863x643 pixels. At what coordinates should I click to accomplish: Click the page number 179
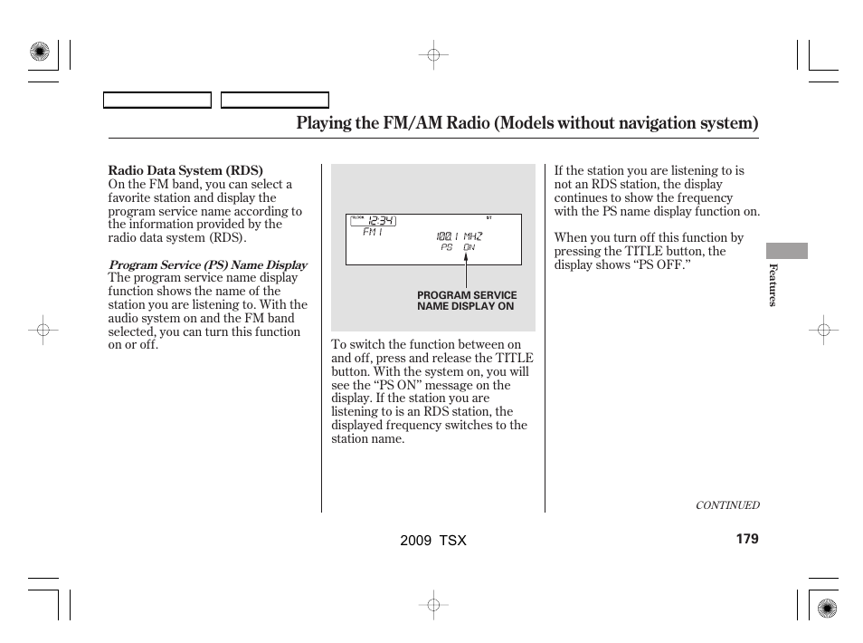(746, 539)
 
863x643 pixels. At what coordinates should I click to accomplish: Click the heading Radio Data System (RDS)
(185, 170)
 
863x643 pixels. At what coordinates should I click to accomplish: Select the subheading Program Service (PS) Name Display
(207, 265)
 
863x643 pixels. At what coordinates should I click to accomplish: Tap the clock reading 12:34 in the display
(381, 221)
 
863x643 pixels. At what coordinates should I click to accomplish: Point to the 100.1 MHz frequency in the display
(459, 235)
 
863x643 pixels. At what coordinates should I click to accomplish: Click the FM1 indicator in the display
(373, 233)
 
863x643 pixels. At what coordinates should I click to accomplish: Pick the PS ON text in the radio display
(458, 247)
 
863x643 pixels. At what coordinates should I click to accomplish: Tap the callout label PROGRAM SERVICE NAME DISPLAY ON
(467, 301)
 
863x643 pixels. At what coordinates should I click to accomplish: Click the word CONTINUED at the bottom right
(726, 505)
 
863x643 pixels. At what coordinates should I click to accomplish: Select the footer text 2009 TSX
(432, 540)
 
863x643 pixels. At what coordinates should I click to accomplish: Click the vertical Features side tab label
(773, 284)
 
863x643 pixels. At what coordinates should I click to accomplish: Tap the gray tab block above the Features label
(786, 251)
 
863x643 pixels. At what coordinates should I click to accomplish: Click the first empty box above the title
(156, 100)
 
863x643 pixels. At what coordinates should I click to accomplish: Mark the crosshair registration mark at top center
(433, 55)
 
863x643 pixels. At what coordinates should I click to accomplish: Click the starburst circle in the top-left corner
(39, 53)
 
